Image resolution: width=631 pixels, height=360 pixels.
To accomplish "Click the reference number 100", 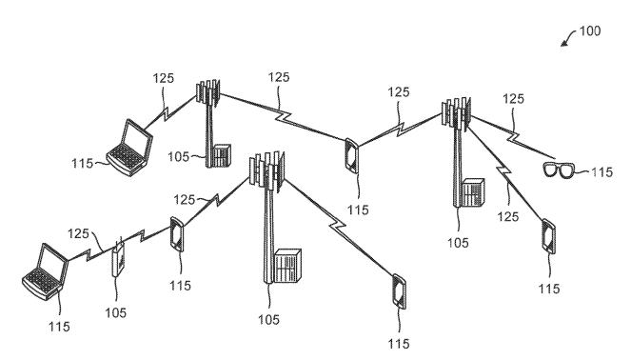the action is pyautogui.click(x=589, y=31).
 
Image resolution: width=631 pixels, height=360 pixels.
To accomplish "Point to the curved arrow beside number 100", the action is pyautogui.click(x=568, y=38).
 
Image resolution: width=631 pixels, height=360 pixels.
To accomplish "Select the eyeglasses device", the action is pyautogui.click(x=559, y=170).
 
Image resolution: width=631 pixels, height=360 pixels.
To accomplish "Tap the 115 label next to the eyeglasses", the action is pyautogui.click(x=601, y=172).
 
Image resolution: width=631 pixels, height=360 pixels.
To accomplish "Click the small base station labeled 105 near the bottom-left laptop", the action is pyautogui.click(x=118, y=259).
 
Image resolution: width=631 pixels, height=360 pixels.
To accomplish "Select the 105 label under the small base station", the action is pyautogui.click(x=115, y=312).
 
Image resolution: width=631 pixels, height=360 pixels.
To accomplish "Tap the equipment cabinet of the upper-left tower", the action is pyautogui.click(x=222, y=156).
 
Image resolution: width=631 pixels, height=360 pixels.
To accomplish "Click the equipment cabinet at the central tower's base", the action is pyautogui.click(x=287, y=266).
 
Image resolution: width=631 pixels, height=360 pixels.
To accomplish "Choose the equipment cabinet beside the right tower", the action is pyautogui.click(x=473, y=193).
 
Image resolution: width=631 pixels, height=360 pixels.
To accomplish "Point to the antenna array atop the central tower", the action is pyautogui.click(x=266, y=170).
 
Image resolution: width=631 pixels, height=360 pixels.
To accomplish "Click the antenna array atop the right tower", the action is pyautogui.click(x=456, y=112).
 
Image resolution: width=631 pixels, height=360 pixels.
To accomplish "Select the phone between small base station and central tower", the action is pyautogui.click(x=176, y=234).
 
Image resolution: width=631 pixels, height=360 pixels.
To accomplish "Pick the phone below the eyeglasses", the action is pyautogui.click(x=548, y=236).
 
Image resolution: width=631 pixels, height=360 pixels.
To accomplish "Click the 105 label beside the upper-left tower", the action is pyautogui.click(x=178, y=156).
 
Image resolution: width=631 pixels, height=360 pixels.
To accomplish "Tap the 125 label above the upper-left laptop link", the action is pyautogui.click(x=164, y=78).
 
